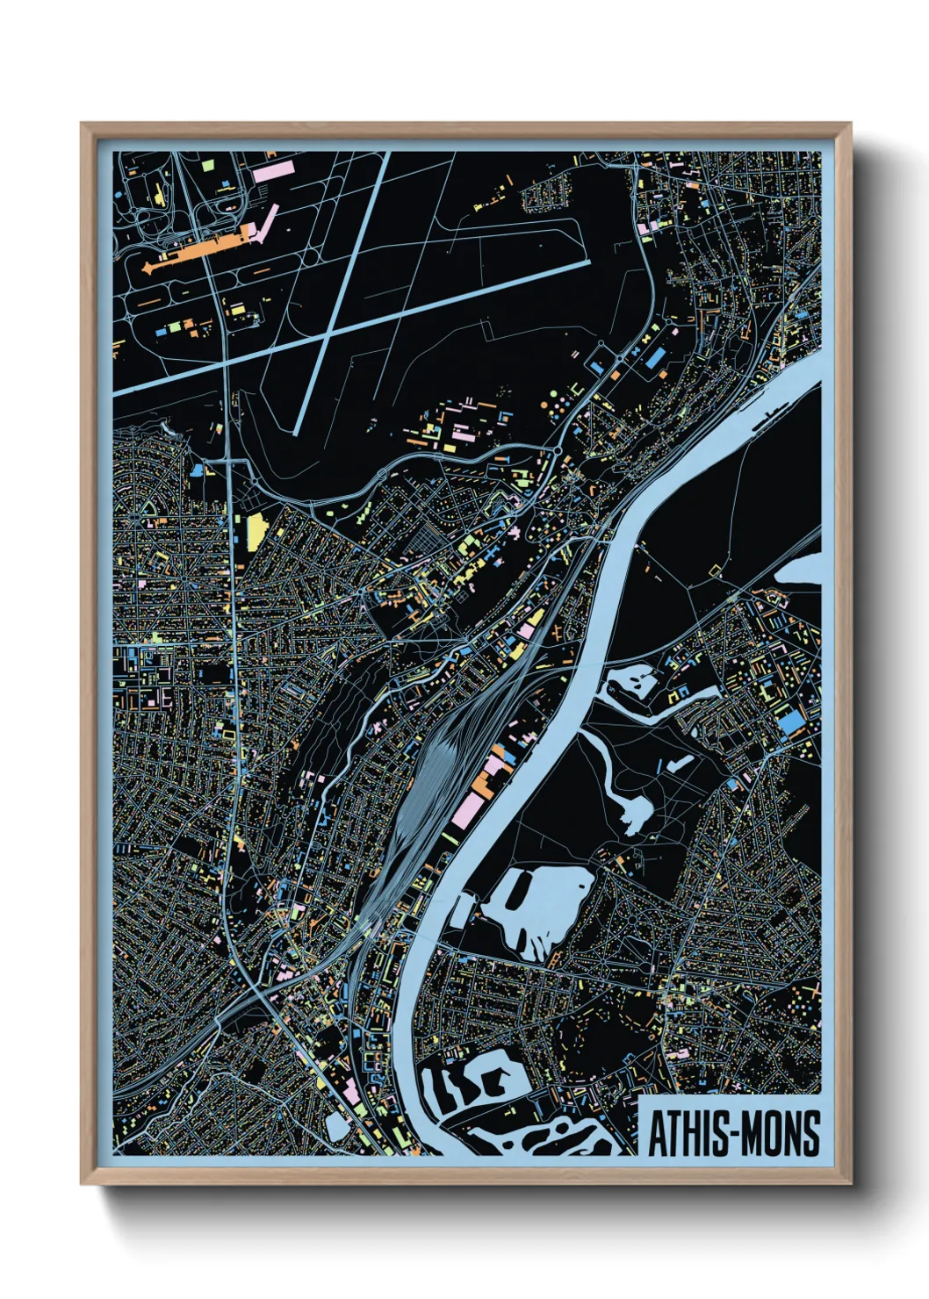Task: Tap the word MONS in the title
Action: coord(778,1133)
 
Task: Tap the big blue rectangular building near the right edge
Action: coord(792,722)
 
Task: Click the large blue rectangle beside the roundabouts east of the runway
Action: coord(655,356)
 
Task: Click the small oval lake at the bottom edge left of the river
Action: coord(337,1126)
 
